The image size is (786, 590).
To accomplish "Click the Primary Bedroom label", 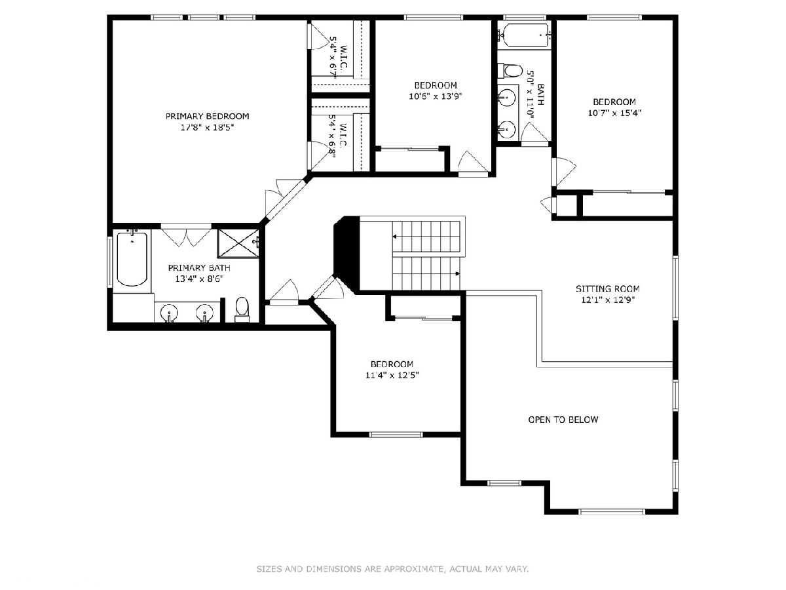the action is coord(208,116).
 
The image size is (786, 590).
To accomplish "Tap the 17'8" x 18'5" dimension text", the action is coord(208,127).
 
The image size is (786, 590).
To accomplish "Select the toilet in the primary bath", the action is coord(242,309).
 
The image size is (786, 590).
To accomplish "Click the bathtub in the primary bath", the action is coord(132,258).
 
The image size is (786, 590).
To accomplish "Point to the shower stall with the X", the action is coord(238,243).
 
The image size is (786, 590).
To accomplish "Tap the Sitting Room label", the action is coord(608,288).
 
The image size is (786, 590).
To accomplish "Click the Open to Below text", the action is coord(563,420).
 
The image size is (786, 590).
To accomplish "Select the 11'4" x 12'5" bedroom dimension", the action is coord(392,375).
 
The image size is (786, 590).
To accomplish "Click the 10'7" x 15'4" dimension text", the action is coord(614,113).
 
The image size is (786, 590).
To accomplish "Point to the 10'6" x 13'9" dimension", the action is coord(436,96).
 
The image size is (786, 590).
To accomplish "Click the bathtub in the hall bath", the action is coord(524,35).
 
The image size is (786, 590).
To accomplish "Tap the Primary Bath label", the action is coord(199,267).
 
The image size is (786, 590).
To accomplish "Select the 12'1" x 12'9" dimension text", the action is coord(608,300).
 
